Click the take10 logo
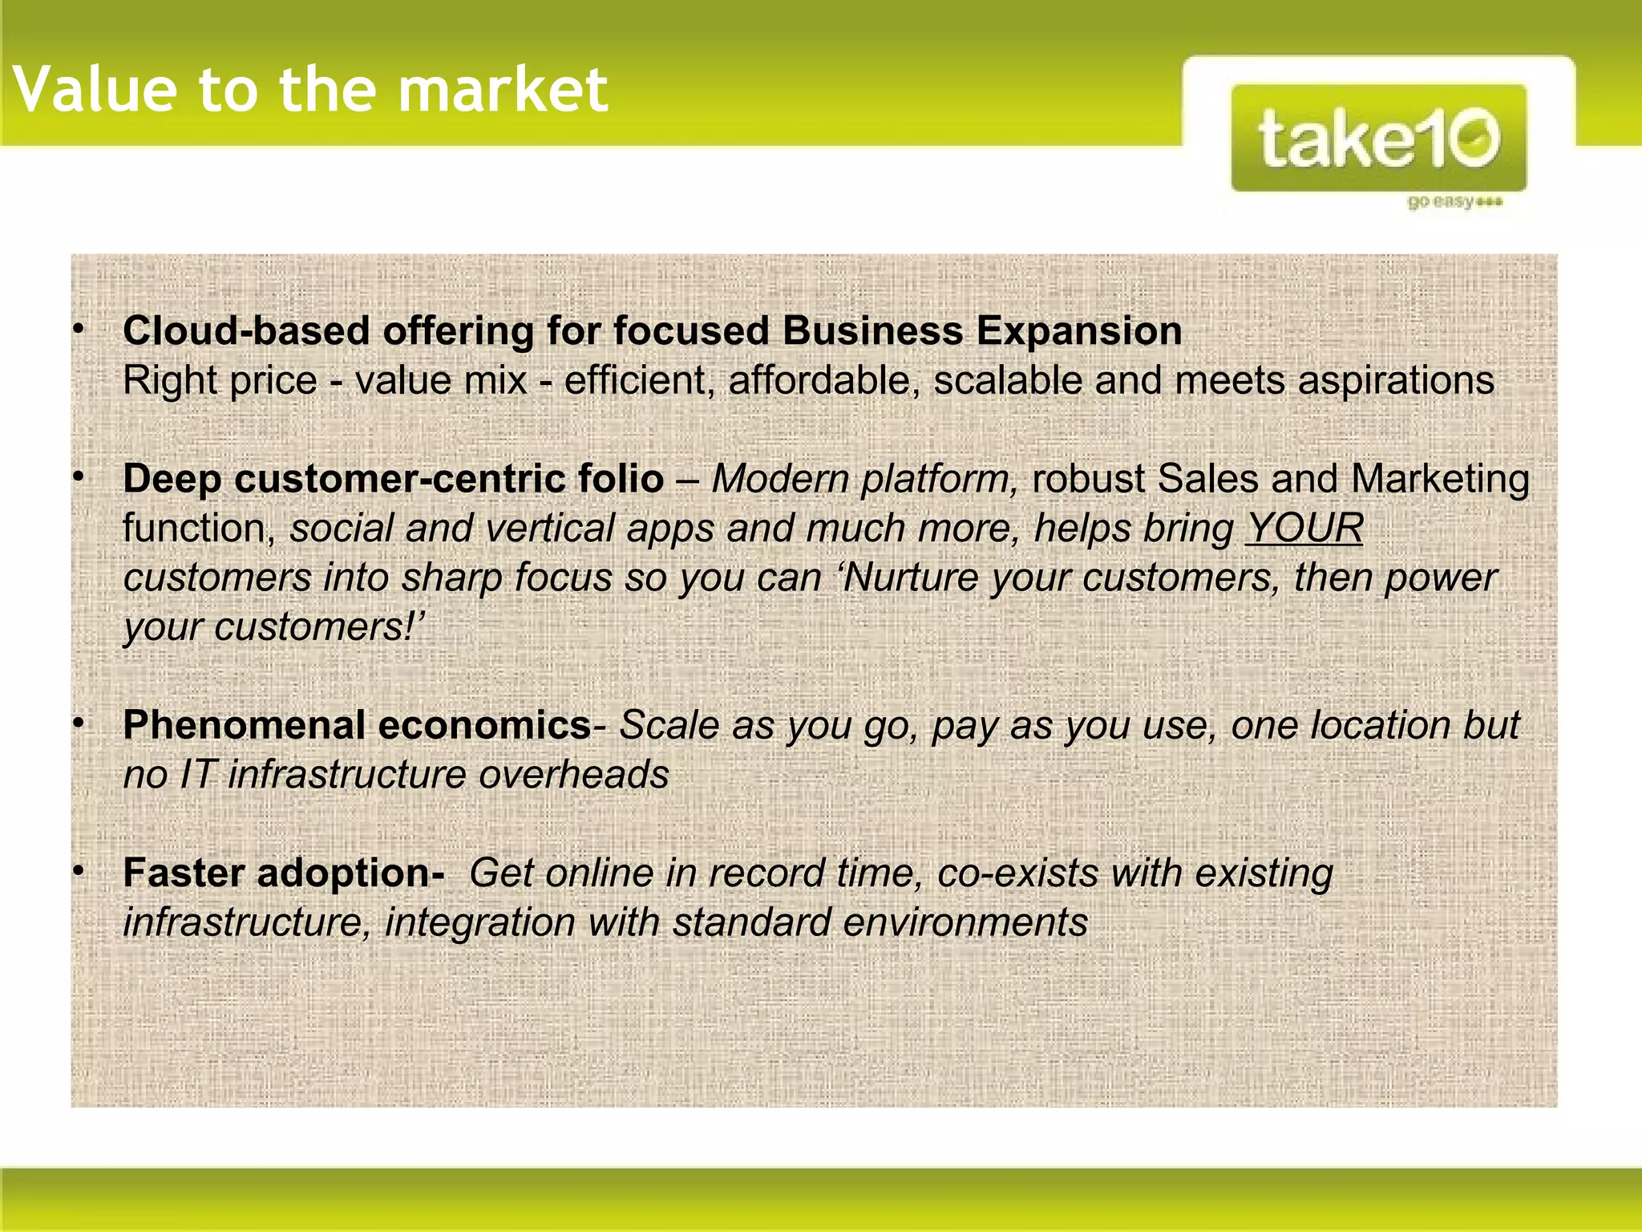tap(1378, 138)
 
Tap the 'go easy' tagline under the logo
tap(1454, 201)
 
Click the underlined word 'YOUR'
tap(1304, 529)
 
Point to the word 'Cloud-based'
tap(245, 330)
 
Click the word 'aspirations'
tap(1396, 380)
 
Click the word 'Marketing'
tap(1440, 479)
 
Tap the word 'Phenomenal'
tap(245, 725)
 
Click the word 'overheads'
tap(574, 775)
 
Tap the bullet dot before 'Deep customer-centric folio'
tap(79, 478)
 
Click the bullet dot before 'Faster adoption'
tap(79, 872)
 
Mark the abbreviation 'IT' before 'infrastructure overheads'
tap(196, 775)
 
